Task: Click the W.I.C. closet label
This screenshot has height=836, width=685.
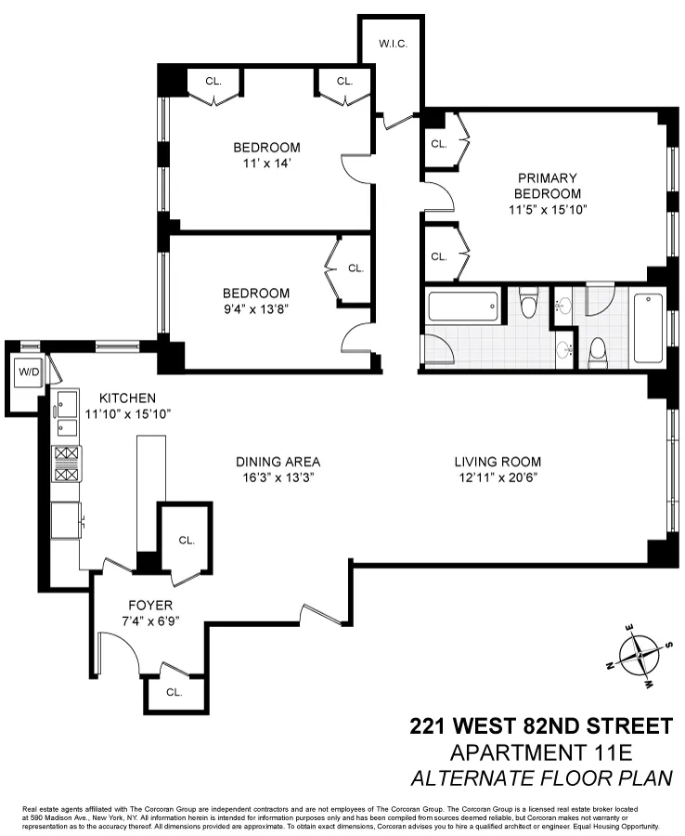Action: click(393, 45)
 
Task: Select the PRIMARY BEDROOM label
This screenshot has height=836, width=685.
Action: click(548, 186)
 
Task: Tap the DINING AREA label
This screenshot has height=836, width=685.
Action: click(278, 462)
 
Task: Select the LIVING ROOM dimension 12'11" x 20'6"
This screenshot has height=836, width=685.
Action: click(498, 477)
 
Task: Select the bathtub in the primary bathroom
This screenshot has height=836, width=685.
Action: click(649, 328)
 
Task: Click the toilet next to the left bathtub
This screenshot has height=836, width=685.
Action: click(529, 304)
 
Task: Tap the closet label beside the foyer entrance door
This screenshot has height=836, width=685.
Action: click(174, 692)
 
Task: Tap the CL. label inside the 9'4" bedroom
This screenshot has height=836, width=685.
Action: click(355, 268)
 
